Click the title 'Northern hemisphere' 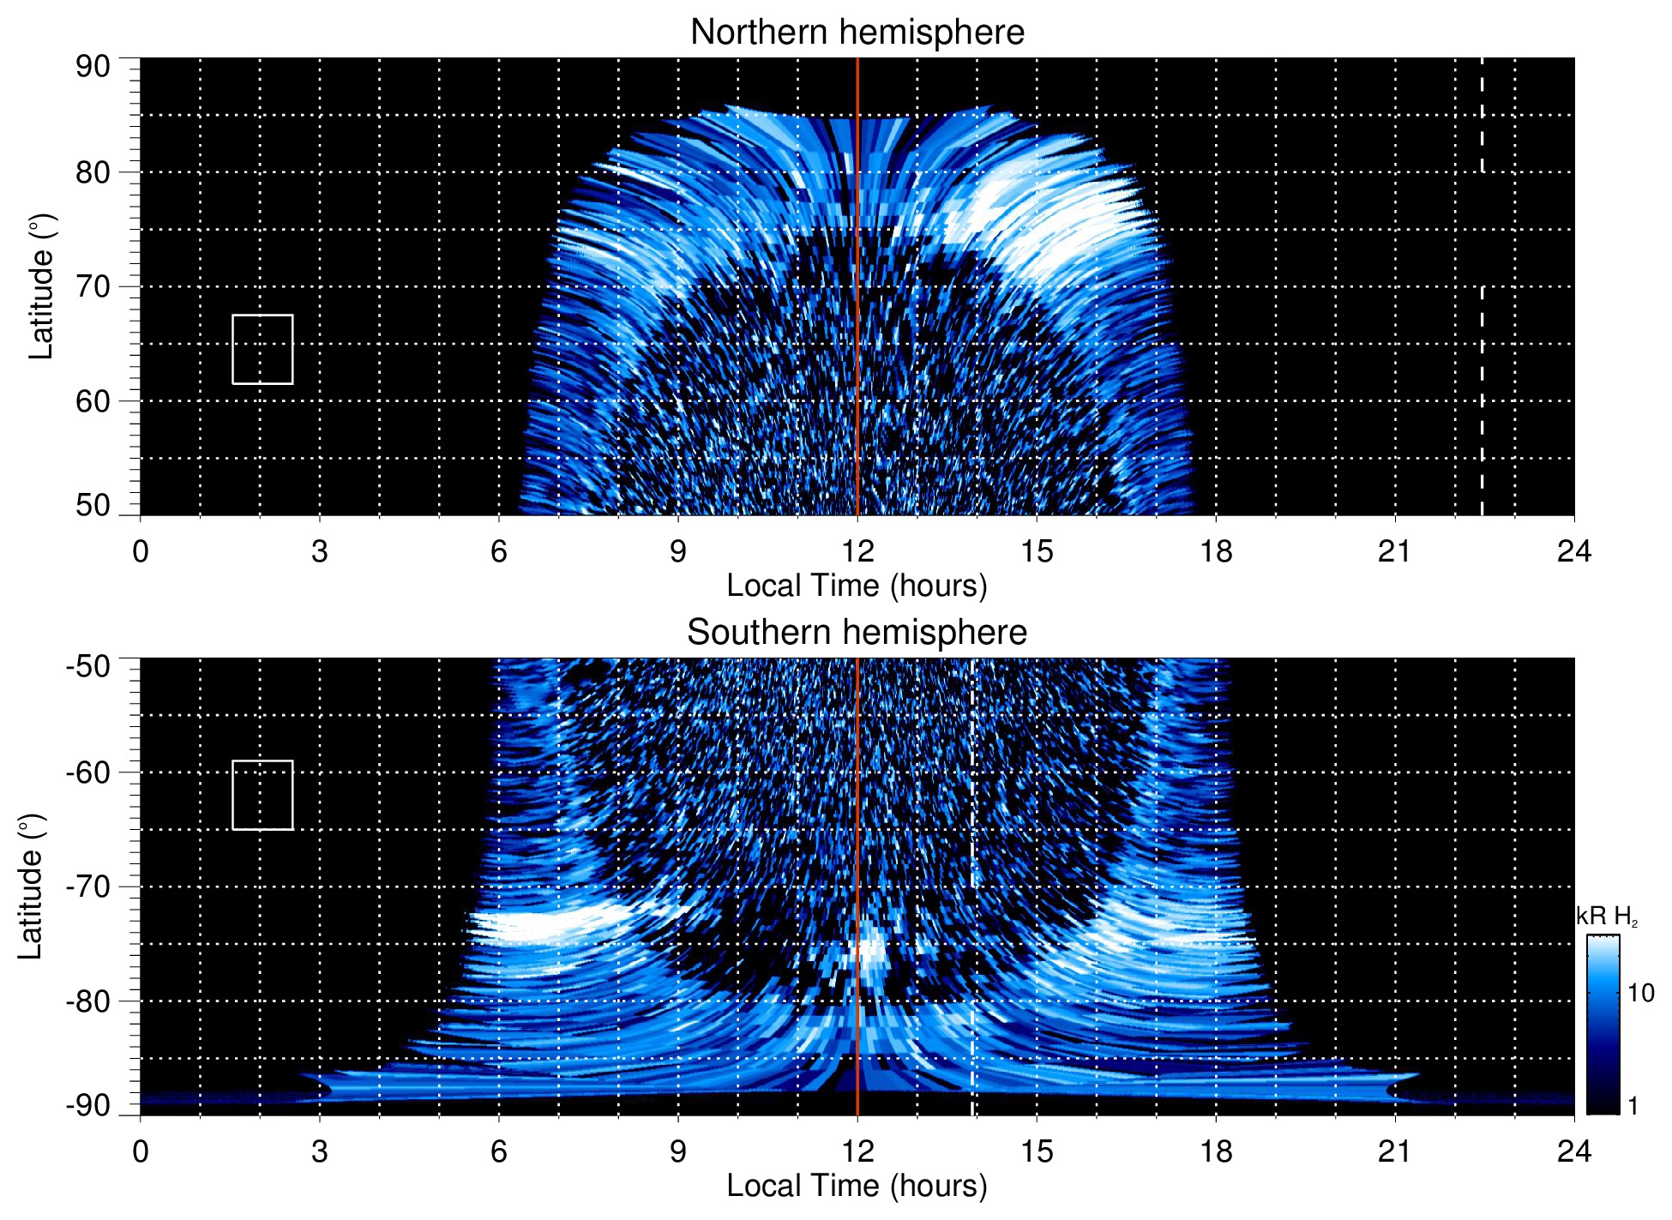click(857, 33)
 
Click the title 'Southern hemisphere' click(857, 633)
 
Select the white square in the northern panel click(262, 349)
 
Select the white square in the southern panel click(262, 795)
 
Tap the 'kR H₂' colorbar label click(1606, 917)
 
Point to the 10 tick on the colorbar click(1640, 993)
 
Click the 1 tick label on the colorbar click(1633, 1106)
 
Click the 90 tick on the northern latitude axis click(93, 67)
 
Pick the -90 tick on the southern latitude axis click(88, 1106)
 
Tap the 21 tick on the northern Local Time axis click(1394, 551)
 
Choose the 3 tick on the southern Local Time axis click(320, 1151)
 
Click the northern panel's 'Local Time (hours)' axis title click(857, 586)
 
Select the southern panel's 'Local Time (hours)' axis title click(857, 1186)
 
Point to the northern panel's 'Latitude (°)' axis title click(41, 286)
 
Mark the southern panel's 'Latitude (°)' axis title click(30, 886)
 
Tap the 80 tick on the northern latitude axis click(93, 172)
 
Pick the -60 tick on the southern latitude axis click(88, 772)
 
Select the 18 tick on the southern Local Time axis click(1215, 1151)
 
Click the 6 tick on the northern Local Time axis click(499, 551)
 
